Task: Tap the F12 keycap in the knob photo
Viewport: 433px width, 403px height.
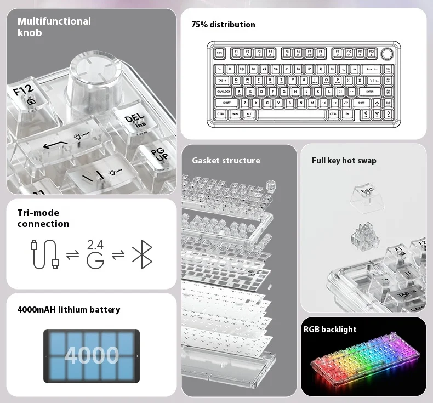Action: click(x=25, y=96)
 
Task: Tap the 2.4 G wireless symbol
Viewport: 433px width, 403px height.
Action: click(x=95, y=254)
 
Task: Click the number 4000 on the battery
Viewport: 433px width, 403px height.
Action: click(x=91, y=355)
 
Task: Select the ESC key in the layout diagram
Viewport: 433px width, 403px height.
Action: click(x=220, y=54)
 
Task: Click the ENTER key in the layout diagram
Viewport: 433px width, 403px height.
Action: click(x=369, y=92)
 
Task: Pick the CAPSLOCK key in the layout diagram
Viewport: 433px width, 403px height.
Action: click(x=224, y=92)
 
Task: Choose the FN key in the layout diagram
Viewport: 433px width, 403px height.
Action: click(x=347, y=114)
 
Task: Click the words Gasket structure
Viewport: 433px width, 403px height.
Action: click(x=226, y=161)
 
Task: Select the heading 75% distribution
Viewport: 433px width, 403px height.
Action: click(x=223, y=25)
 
